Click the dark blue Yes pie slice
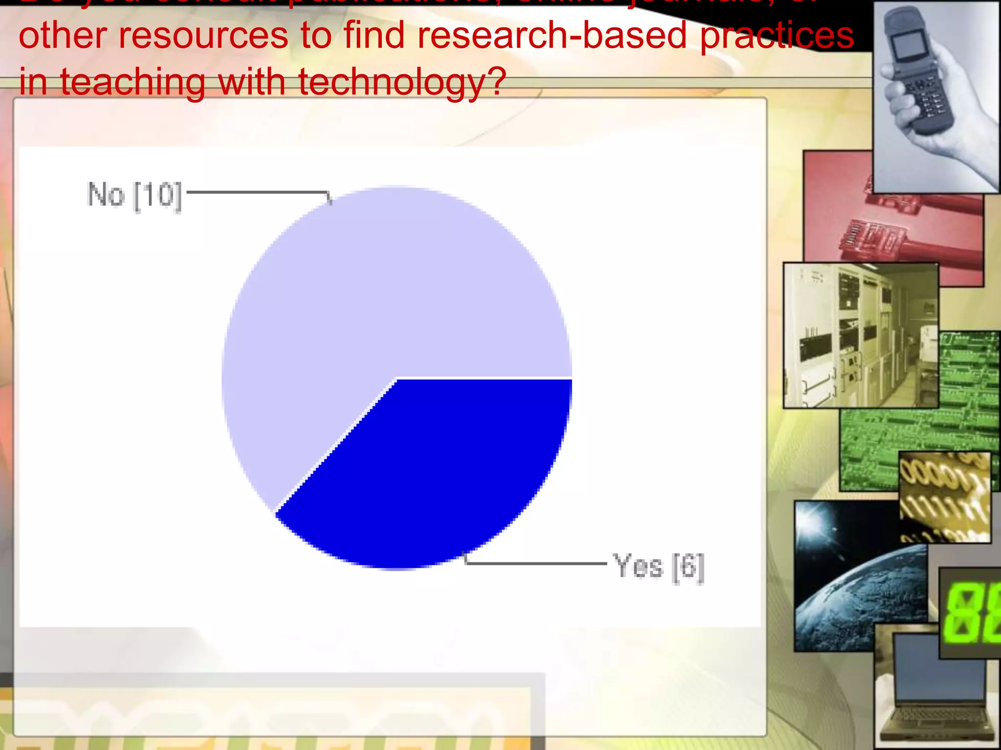[x=440, y=469]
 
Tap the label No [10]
[x=134, y=195]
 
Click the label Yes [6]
[x=658, y=567]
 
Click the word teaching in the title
[x=132, y=82]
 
